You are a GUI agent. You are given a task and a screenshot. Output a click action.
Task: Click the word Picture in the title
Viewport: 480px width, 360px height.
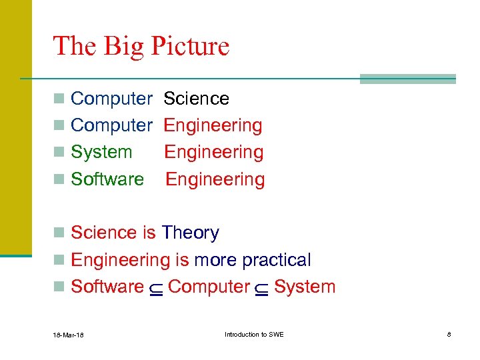pos(190,47)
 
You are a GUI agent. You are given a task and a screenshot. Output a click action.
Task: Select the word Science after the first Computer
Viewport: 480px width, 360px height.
pos(196,99)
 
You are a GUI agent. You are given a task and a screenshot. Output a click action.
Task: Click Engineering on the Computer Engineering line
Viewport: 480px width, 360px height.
pos(213,126)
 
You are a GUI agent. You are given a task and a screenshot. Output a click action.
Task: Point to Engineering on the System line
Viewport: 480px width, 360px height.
pos(213,153)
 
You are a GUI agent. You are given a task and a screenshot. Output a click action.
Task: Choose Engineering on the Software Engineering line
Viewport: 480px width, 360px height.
pos(215,180)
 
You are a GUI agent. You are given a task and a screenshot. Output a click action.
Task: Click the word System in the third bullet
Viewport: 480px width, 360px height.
pos(101,153)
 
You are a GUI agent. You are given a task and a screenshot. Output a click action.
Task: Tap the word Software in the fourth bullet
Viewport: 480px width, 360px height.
pos(107,179)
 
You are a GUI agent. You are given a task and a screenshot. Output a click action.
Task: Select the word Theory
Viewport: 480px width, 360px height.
pos(190,233)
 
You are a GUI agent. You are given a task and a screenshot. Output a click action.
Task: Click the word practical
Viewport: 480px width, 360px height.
pos(276,261)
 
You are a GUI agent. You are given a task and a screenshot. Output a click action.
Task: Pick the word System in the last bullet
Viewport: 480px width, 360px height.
pos(305,287)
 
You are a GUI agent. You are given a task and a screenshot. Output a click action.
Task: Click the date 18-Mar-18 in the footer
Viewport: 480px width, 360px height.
pos(69,335)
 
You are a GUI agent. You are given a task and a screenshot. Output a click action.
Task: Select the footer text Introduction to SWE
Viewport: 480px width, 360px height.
pos(253,334)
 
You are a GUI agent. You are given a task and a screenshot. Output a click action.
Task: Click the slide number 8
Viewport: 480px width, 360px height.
pos(449,334)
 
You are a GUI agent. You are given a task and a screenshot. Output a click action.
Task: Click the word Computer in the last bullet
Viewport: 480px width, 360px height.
pos(209,287)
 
